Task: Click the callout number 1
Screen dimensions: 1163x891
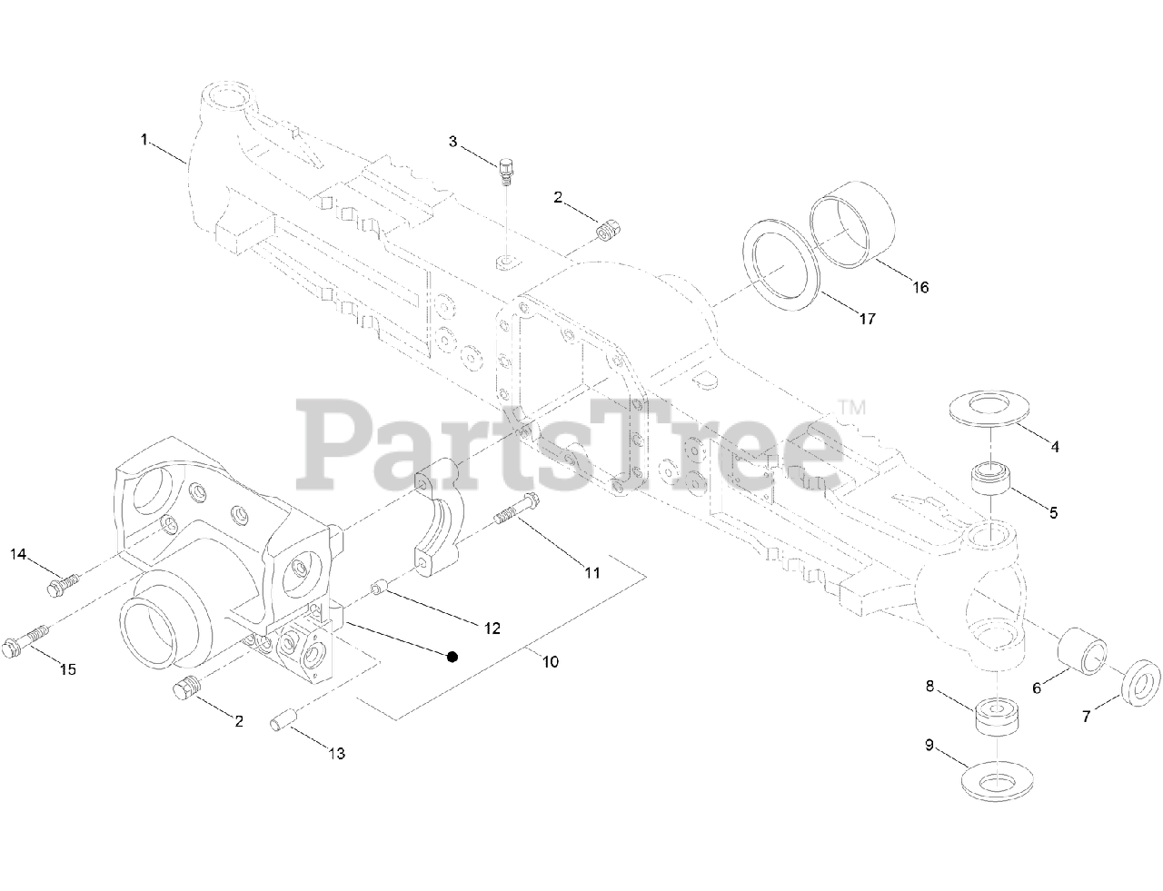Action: [144, 139]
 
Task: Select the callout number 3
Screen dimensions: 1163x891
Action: [452, 141]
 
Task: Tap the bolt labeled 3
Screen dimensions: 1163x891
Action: [505, 170]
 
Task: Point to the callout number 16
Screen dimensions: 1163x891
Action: [920, 287]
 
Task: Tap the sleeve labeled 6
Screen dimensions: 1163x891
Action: [1085, 652]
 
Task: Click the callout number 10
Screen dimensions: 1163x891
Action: [551, 661]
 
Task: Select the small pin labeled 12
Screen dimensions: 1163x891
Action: [379, 591]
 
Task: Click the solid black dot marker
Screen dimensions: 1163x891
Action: [452, 657]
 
